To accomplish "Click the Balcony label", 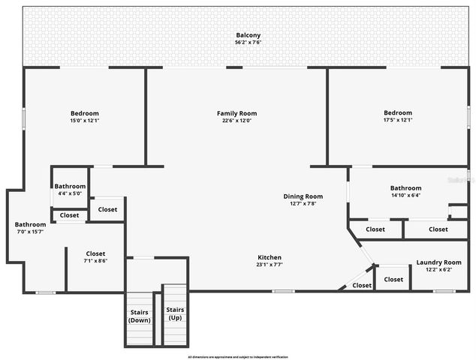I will pyautogui.click(x=248, y=35).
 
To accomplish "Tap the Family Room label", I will pyautogui.click(x=236, y=113).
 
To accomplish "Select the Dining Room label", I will pyautogui.click(x=303, y=196).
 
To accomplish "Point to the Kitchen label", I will pyautogui.click(x=270, y=256).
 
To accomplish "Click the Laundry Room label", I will pyautogui.click(x=438, y=262).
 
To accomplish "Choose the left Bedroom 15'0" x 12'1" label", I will pyautogui.click(x=84, y=113).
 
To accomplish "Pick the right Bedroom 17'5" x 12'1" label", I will pyautogui.click(x=398, y=113).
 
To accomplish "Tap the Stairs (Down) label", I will pyautogui.click(x=139, y=316).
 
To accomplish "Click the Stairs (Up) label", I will pyautogui.click(x=175, y=313).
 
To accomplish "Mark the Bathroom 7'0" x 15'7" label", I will pyautogui.click(x=31, y=224).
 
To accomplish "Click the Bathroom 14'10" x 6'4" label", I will pyautogui.click(x=405, y=188).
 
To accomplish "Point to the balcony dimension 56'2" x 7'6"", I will pyautogui.click(x=248, y=42).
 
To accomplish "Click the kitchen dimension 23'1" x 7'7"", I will pyautogui.click(x=270, y=264).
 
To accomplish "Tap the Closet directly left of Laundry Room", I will pyautogui.click(x=393, y=279).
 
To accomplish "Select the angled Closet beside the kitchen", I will pyautogui.click(x=362, y=285).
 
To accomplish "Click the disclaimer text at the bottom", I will pyautogui.click(x=238, y=357).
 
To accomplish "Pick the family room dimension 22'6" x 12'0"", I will pyautogui.click(x=236, y=121).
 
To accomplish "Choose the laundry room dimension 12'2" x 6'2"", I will pyautogui.click(x=438, y=270).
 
